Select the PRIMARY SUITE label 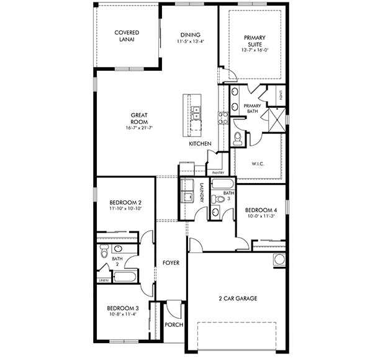[x=255, y=41]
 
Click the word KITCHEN [x=201, y=144]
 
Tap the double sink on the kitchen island [x=196, y=112]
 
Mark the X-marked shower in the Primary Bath [x=275, y=116]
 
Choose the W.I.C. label [x=258, y=164]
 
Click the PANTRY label [x=217, y=172]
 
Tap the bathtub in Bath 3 [x=222, y=184]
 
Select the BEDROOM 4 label [x=260, y=210]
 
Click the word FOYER [x=171, y=263]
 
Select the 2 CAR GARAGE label [x=237, y=298]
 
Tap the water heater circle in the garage [x=279, y=259]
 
